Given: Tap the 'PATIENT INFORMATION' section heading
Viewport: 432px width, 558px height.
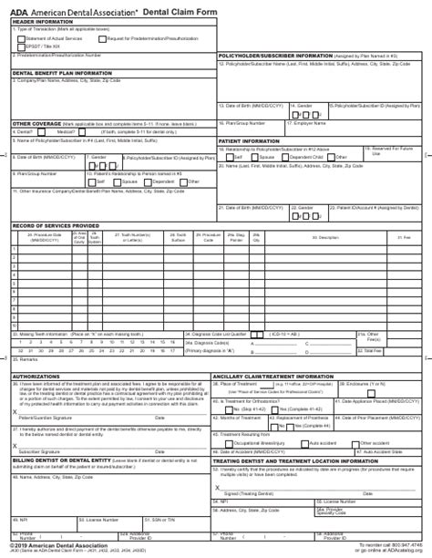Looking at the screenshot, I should tap(249, 141).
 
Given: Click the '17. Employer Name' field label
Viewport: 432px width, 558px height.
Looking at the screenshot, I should tap(306, 122).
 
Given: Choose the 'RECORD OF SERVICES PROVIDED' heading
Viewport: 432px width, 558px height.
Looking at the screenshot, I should tap(56, 224).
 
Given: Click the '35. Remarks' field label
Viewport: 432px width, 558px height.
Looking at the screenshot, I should tap(25, 359).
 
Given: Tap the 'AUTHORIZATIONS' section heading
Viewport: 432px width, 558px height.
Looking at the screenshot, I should tap(36, 376).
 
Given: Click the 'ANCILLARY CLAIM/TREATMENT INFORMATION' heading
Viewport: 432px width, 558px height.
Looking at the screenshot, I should tap(273, 376).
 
